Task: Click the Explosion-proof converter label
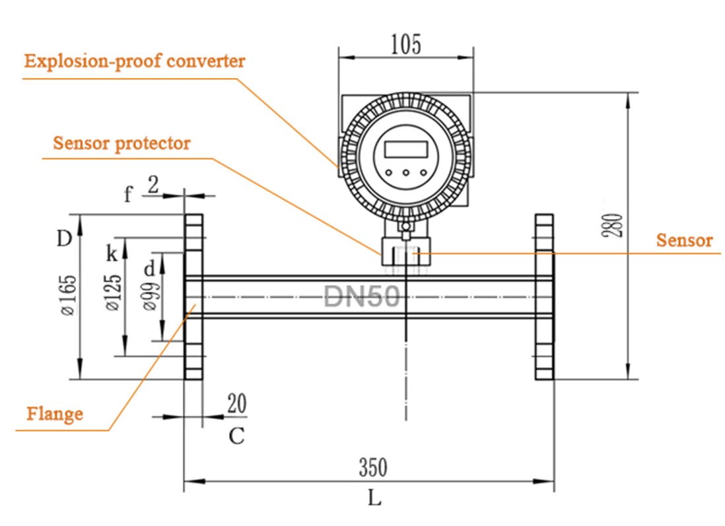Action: pos(135,61)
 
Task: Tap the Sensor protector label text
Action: pos(122,143)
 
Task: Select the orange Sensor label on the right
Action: pos(684,241)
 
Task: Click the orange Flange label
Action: pos(55,414)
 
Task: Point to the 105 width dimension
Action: pos(405,45)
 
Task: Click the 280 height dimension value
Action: pos(615,226)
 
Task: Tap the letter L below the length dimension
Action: pos(374,498)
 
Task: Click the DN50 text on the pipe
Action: pos(362,297)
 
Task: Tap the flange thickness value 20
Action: pos(236,403)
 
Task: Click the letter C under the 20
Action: pos(236,436)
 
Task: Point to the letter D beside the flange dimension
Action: pos(63,238)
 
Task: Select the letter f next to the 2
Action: pos(129,194)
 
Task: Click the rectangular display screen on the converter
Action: pos(405,148)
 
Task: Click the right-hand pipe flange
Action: pos(543,296)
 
